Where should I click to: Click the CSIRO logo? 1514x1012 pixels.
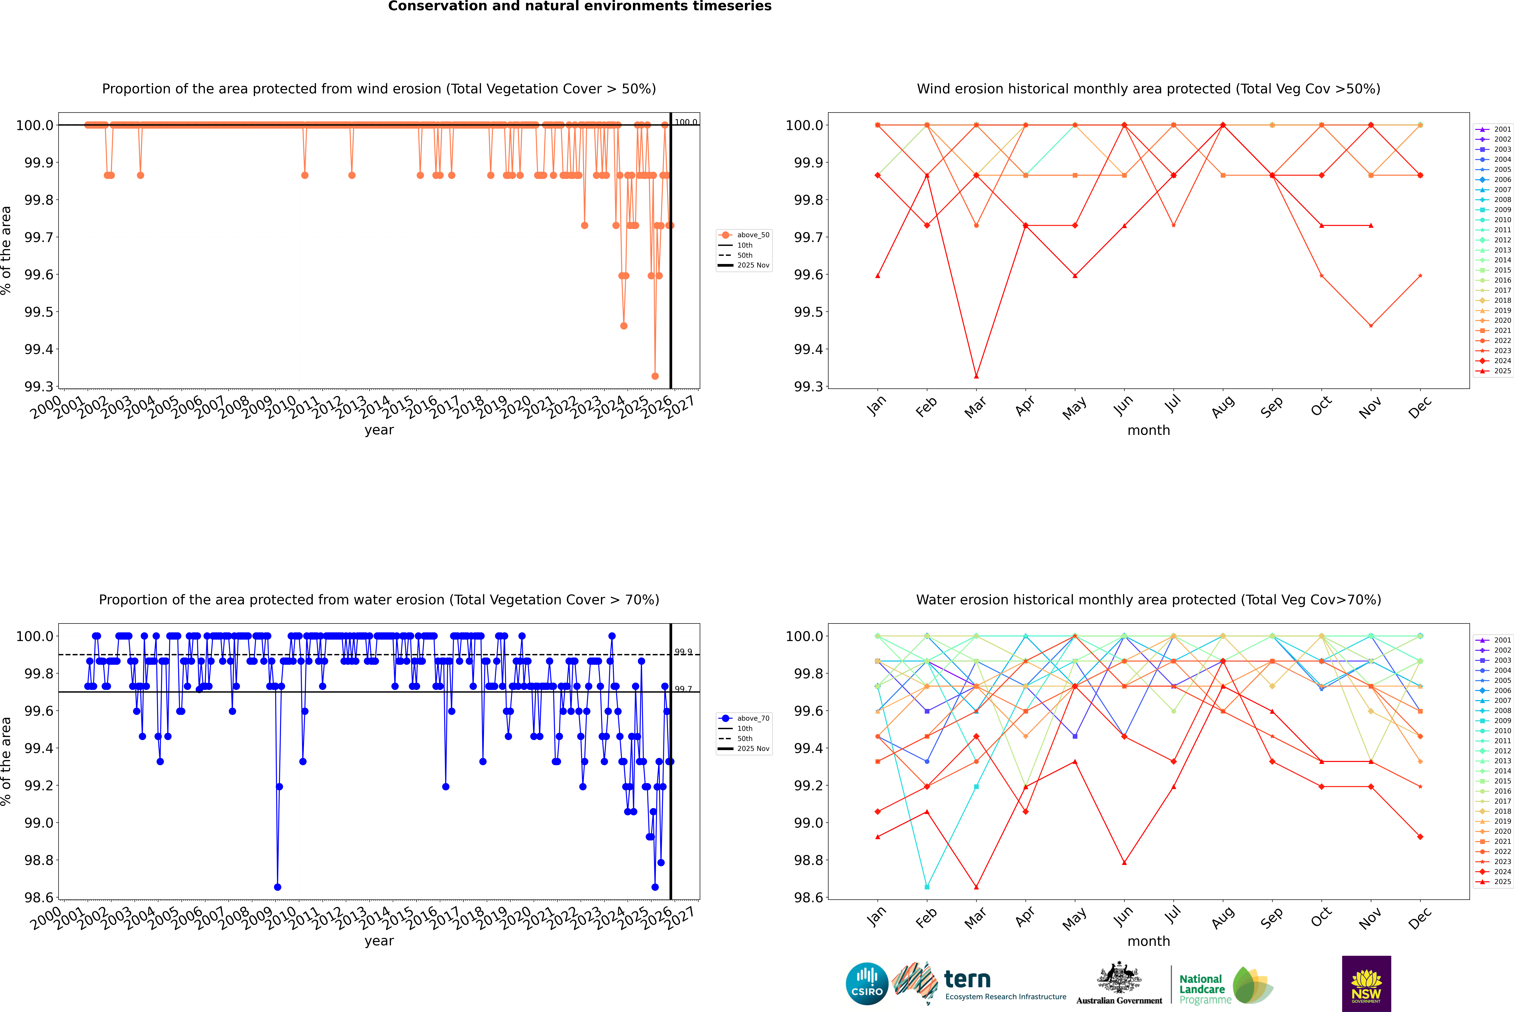[867, 984]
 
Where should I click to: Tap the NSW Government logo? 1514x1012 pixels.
[1366, 984]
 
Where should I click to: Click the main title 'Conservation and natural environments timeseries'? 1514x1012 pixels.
[579, 6]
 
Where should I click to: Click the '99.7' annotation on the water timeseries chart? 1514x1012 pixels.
[683, 689]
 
